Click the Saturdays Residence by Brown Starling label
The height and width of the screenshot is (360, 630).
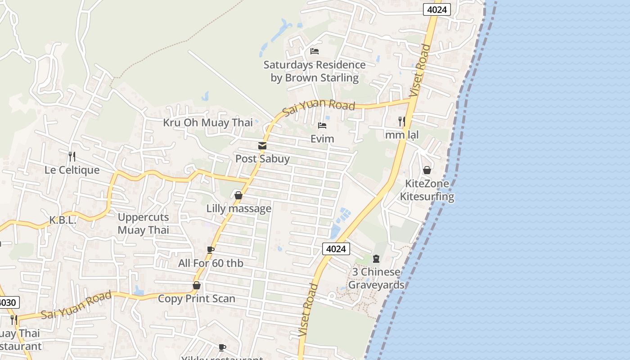315,71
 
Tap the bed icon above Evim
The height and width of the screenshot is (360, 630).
322,126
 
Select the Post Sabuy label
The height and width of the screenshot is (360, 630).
262,159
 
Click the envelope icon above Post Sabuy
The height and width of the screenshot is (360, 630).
262,146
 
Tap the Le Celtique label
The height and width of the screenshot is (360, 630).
72,170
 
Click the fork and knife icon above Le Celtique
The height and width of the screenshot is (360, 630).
72,156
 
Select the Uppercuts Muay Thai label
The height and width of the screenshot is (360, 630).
144,224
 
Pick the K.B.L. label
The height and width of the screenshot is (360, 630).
63,220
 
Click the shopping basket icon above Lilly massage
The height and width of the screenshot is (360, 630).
238,195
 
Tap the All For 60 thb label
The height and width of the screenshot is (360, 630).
211,263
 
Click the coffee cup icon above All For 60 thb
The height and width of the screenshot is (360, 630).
210,250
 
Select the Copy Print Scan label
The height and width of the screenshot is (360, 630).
197,299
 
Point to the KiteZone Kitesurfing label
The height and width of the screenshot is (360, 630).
427,190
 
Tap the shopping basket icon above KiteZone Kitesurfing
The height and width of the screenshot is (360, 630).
427,170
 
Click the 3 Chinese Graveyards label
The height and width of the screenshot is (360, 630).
376,278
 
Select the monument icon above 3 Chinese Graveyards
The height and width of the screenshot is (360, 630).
376,259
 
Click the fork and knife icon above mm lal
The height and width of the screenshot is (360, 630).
402,121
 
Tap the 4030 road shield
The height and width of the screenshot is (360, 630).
8,302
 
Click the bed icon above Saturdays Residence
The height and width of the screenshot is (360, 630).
315,51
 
